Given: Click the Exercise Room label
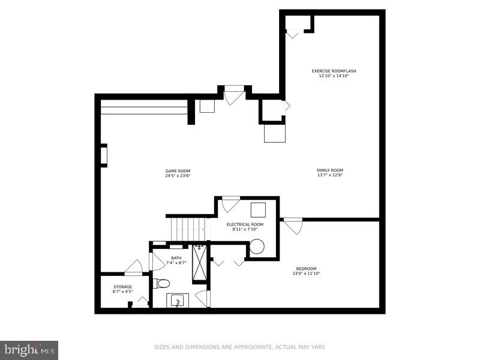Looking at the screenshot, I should [x=334, y=71].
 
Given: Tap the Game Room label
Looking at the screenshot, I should [x=178, y=170].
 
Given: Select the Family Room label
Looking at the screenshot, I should [x=330, y=170].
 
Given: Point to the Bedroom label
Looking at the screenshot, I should [x=306, y=268].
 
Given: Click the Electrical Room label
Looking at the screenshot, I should [x=245, y=224].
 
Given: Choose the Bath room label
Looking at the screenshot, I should [x=176, y=258].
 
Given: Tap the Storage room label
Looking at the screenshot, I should [x=122, y=287].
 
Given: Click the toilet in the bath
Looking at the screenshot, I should [x=162, y=283].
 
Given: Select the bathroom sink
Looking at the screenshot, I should [x=177, y=301].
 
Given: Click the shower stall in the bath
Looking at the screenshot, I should [x=199, y=264].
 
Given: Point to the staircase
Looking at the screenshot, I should [x=188, y=229].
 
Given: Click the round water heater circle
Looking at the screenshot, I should [x=257, y=247].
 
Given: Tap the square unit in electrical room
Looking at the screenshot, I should [x=258, y=210].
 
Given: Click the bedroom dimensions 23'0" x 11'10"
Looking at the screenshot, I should [x=306, y=274].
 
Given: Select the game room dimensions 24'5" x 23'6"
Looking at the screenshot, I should [x=178, y=176].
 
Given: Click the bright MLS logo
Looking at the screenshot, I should [x=29, y=349].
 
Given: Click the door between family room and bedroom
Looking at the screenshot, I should [x=293, y=226].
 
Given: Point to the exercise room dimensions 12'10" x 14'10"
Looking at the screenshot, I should [x=334, y=76].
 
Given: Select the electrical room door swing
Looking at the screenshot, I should [x=230, y=204].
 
